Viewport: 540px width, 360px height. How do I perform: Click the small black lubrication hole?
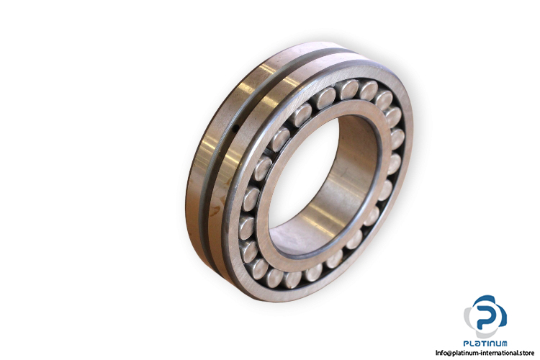point(236,129)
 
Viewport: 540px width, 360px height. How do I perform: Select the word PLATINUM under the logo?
point(485,343)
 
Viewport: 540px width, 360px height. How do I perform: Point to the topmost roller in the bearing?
point(348,89)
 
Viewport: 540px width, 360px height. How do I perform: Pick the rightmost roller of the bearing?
point(397,139)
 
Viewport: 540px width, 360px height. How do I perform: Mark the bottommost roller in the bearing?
point(292,279)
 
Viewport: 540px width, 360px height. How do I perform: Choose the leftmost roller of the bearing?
point(246,227)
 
